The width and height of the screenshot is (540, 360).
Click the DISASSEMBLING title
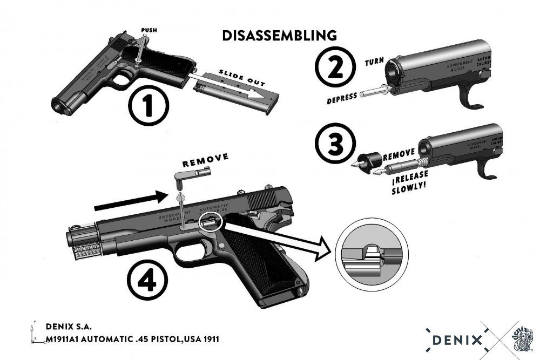click(279, 36)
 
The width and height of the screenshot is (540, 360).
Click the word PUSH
click(149, 30)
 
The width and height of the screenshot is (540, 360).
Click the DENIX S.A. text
click(68, 327)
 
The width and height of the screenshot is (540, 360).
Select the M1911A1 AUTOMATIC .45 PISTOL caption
click(132, 339)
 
